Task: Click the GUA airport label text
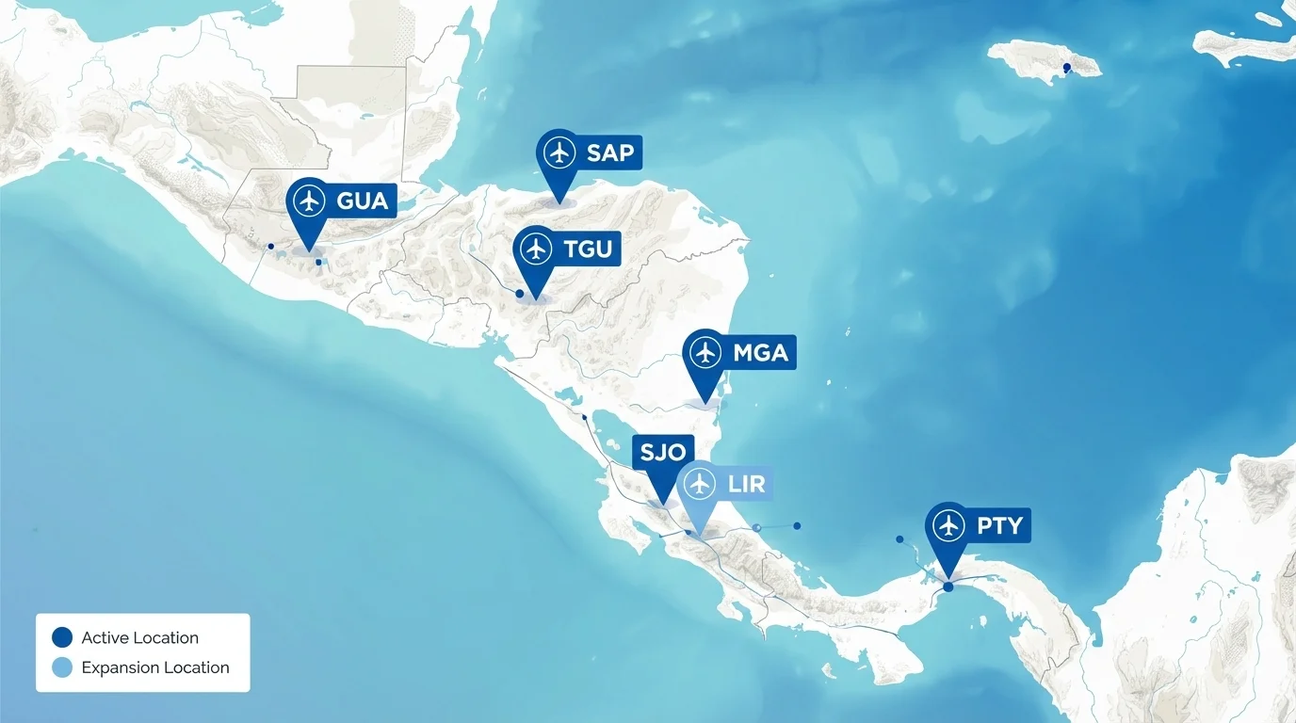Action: (x=362, y=201)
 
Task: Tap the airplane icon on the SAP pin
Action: (x=559, y=153)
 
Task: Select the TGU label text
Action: (x=588, y=249)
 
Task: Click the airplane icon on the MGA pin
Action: (x=705, y=353)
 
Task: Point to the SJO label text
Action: (x=662, y=452)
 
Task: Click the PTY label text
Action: (x=998, y=525)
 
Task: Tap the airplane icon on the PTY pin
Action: (x=948, y=525)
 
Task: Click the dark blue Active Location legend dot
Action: (x=62, y=637)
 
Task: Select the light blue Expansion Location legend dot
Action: (x=62, y=667)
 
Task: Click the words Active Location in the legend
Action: (x=139, y=637)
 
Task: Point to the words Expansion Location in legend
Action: (x=155, y=667)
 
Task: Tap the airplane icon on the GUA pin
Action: (x=309, y=201)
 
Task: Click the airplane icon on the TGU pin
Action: (x=536, y=249)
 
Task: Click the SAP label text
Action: (x=609, y=153)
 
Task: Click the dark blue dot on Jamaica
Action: (x=1066, y=67)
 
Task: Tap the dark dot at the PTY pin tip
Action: (x=948, y=586)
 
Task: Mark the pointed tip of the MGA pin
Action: (x=705, y=404)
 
